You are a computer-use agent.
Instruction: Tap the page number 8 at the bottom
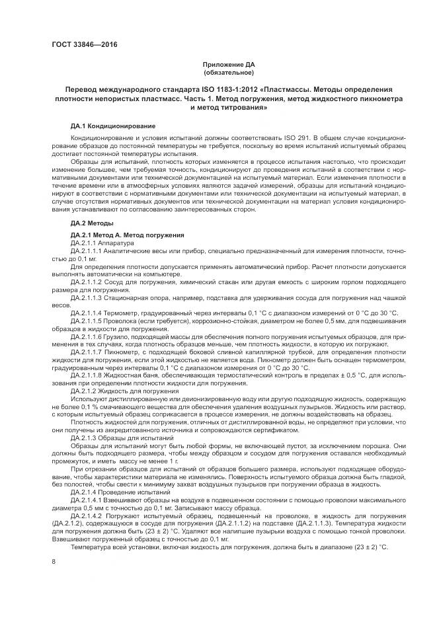[x=53, y=562]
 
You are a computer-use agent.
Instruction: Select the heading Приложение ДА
[x=228, y=64]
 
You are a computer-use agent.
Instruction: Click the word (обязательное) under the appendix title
[x=228, y=72]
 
